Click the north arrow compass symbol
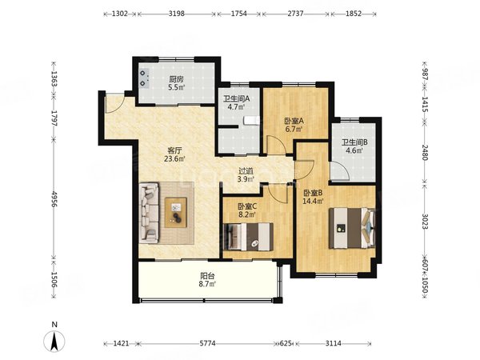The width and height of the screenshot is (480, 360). (x=54, y=341)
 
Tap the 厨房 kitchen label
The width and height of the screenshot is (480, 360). (x=176, y=79)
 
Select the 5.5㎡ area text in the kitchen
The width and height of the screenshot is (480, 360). (x=176, y=87)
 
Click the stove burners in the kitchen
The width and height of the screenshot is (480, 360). (x=144, y=78)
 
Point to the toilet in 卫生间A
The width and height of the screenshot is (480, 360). (x=252, y=121)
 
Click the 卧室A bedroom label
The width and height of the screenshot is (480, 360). (x=294, y=122)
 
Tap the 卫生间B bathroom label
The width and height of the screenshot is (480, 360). (x=354, y=142)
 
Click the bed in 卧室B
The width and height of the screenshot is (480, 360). (x=352, y=228)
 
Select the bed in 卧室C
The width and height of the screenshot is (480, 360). (x=248, y=237)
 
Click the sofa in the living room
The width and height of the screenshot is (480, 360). (x=149, y=213)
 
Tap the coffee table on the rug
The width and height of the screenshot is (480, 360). (x=176, y=213)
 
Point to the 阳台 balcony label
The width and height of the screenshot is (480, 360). (x=207, y=276)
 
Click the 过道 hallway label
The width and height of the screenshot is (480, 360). (x=246, y=171)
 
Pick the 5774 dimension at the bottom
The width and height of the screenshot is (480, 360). (x=207, y=343)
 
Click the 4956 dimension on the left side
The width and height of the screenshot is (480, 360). (x=54, y=199)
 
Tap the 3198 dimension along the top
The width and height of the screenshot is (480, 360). (x=177, y=14)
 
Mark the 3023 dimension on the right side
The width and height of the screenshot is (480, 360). (x=425, y=221)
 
